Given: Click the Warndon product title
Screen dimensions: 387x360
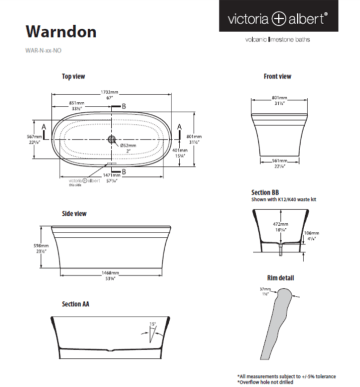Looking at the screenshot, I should pos(61,31).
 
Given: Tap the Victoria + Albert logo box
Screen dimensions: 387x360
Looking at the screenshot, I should pos(278,19).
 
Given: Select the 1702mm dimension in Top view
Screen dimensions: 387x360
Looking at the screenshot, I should pos(109,93).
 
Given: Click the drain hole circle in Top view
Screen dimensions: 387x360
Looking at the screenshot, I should pos(112,139).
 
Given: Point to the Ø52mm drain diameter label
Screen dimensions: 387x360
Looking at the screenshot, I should pos(128,145).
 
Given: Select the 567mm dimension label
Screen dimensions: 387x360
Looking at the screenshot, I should pos(34,137).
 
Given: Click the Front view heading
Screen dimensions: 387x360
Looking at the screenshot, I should pos(277,77).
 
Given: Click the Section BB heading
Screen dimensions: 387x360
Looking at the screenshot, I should pos(265,192).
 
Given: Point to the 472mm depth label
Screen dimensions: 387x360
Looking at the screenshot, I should pos(280,224).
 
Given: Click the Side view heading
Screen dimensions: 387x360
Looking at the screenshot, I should pos(74,214).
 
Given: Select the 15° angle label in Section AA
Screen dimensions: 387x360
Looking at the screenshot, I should pos(153,324).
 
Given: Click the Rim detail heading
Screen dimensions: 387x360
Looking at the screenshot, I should pos(280,278).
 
